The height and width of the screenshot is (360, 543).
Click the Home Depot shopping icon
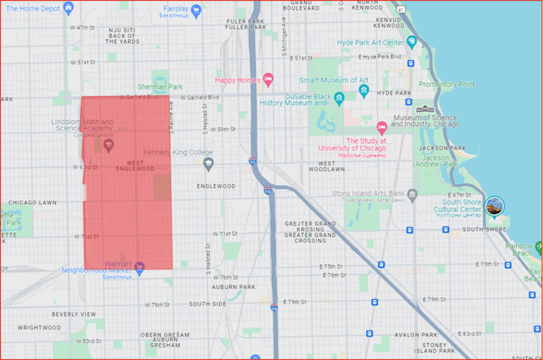(x=68, y=8)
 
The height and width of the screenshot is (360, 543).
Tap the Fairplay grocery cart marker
(x=197, y=10)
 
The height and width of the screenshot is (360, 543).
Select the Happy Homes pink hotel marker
(x=267, y=79)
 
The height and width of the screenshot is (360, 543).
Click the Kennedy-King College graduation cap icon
(x=208, y=164)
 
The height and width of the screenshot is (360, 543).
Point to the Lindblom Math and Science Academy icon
(x=108, y=145)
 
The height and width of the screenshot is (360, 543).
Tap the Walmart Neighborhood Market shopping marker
(x=139, y=267)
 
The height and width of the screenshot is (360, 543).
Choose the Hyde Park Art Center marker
(x=411, y=42)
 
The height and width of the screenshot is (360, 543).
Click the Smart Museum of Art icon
(x=363, y=91)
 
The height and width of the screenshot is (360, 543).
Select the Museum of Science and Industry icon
(x=425, y=109)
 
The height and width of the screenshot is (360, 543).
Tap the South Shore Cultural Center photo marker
(x=495, y=206)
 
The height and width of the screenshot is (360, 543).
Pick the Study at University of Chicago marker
(x=382, y=128)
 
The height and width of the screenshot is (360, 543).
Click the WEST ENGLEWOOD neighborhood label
(x=135, y=166)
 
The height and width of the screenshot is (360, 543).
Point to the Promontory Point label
(x=446, y=83)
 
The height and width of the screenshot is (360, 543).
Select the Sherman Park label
(x=160, y=87)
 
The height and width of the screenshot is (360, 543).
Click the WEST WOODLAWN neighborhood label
(x=326, y=166)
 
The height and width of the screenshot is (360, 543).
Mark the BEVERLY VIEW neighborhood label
(x=73, y=313)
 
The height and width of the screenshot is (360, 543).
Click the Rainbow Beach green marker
(x=538, y=248)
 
